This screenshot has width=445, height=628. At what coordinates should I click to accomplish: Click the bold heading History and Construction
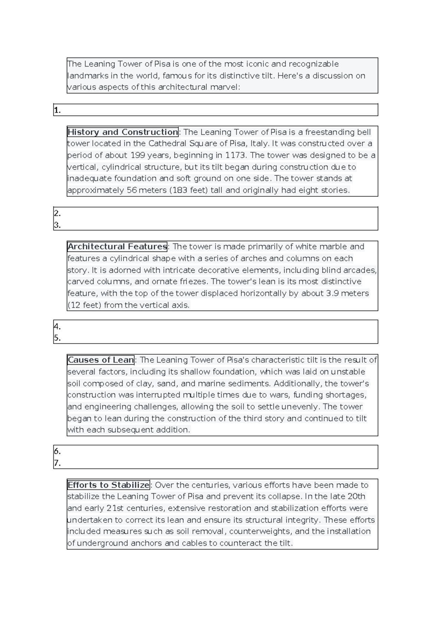(123, 132)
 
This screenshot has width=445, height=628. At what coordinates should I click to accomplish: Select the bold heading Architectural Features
(117, 247)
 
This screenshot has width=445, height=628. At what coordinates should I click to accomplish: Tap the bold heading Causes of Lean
(101, 360)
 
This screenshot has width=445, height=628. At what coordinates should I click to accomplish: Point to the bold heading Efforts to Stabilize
(109, 485)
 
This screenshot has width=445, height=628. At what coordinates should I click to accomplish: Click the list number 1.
(57, 110)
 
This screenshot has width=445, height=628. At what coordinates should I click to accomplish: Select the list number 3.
(57, 225)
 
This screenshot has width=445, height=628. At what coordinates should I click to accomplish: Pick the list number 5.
(57, 338)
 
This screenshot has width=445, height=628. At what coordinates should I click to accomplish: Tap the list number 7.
(57, 463)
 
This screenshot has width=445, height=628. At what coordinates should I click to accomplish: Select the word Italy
(259, 144)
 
